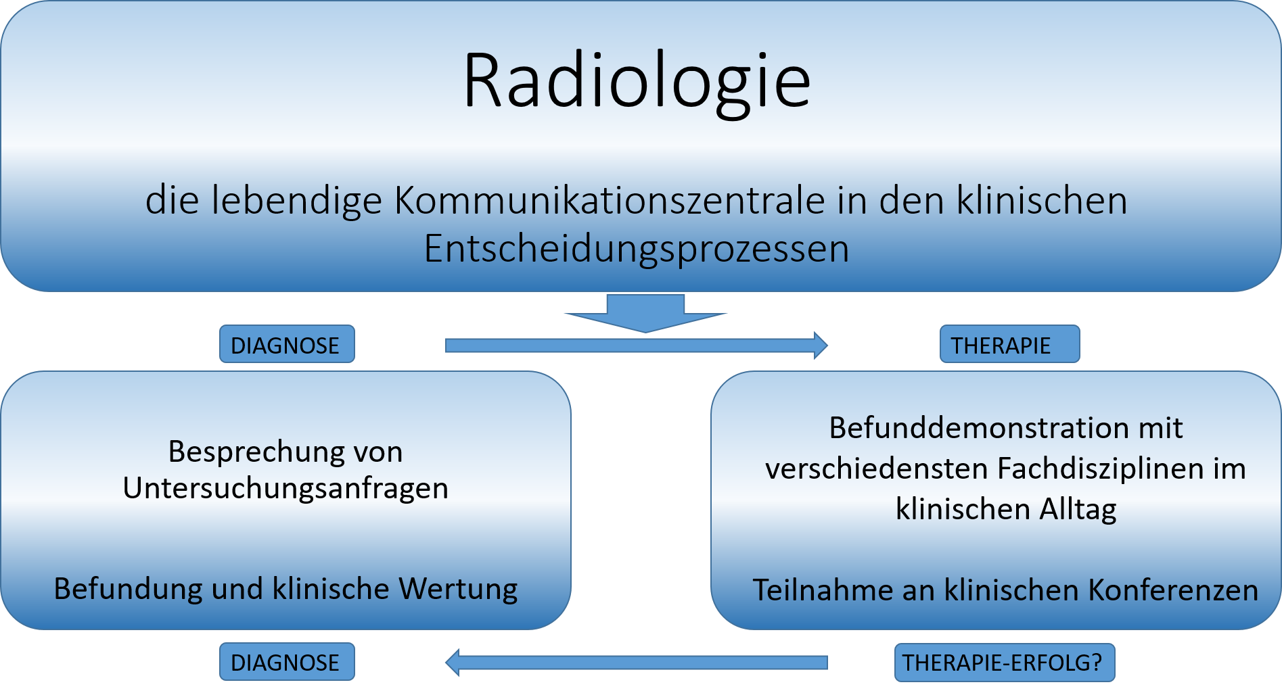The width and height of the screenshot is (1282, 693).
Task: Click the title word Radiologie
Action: (x=637, y=82)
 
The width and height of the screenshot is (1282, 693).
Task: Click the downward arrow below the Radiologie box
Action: (x=645, y=313)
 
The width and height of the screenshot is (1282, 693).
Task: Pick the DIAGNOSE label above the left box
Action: (x=287, y=344)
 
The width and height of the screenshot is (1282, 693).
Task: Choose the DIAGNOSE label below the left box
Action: (x=287, y=662)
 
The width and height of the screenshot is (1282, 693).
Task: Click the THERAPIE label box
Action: (x=1009, y=344)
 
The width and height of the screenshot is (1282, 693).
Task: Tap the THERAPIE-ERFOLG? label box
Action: (x=1005, y=663)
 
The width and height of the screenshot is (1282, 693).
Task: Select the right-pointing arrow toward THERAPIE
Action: (x=636, y=345)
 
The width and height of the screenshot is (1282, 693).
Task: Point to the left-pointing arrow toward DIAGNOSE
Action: (x=637, y=663)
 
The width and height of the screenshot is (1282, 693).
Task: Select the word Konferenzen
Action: (x=1174, y=590)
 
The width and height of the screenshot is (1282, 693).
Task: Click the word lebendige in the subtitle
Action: (x=297, y=201)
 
